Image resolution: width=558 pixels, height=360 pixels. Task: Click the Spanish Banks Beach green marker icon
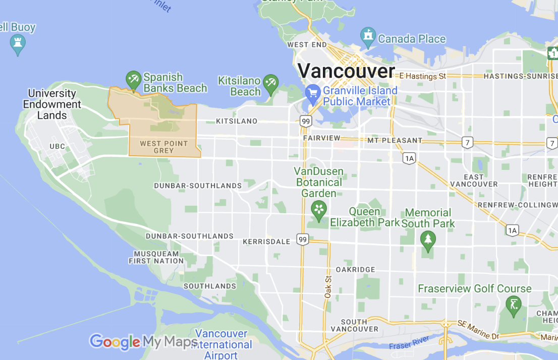(133, 79)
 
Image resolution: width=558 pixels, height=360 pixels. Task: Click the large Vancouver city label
(346, 71)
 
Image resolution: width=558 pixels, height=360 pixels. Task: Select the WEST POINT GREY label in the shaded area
(163, 147)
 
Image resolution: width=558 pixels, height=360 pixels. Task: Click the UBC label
(58, 146)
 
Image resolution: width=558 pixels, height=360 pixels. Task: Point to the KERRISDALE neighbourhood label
(266, 242)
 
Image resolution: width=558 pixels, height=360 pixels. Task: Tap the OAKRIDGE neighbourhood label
(355, 269)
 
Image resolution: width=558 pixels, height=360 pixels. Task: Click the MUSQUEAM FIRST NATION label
(156, 257)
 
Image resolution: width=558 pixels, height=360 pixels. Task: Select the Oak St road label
(327, 285)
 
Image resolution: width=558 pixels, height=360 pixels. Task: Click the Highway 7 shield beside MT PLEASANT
(468, 143)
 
